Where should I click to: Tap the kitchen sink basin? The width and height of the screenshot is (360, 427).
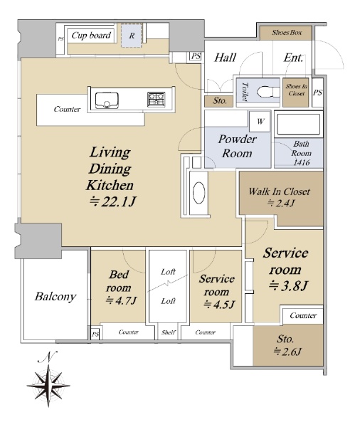pos(107,100)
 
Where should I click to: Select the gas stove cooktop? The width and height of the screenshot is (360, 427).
pos(157,99)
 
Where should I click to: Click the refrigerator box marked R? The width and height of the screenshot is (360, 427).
pos(132,36)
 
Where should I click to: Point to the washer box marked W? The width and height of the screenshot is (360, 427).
pos(260,121)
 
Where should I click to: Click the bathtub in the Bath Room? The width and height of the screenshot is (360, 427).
pos(298,125)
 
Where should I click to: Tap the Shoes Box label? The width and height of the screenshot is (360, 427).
pos(287,33)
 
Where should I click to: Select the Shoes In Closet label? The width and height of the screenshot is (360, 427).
pos(296,90)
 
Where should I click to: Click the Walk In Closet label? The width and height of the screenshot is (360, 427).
pos(279,191)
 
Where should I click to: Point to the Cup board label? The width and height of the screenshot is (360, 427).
pos(91,36)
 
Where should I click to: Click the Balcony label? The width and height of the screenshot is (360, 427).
pos(55,297)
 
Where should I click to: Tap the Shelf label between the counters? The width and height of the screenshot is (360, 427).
pos(169,332)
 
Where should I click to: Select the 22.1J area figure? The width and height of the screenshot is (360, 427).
pos(112,202)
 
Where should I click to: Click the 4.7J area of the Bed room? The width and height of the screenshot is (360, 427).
pos(121,300)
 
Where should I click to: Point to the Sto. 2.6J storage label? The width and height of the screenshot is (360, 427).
pos(287,345)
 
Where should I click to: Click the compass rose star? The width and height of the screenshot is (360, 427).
pos(48,386)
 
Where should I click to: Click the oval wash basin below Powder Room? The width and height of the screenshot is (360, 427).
pos(198,192)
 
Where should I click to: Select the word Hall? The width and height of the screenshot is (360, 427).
pos(226,58)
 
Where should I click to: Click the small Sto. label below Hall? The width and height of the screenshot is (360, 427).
pos(219,101)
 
